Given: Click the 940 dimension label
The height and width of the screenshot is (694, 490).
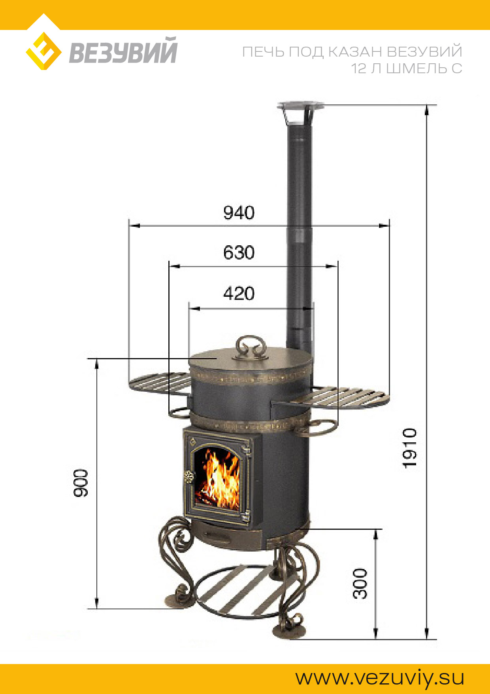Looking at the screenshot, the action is pyautogui.click(x=239, y=212).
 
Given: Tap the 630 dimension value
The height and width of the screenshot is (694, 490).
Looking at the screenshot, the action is pyautogui.click(x=239, y=252).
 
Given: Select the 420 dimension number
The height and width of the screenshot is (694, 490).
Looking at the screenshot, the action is pyautogui.click(x=239, y=294).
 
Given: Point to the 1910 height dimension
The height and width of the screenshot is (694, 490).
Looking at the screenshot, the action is pyautogui.click(x=409, y=448).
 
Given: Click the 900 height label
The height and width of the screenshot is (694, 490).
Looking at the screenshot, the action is pyautogui.click(x=81, y=483).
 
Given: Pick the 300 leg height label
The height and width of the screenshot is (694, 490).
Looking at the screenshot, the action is pyautogui.click(x=360, y=584).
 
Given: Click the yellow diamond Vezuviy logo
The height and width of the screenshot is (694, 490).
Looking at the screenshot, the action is pyautogui.click(x=43, y=51).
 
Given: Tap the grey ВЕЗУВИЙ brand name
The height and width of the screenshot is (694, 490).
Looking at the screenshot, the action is pyautogui.click(x=123, y=50).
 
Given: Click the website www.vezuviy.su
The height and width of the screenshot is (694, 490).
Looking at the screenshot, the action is pyautogui.click(x=380, y=677).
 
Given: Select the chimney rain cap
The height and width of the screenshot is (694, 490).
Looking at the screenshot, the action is pyautogui.click(x=300, y=112).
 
